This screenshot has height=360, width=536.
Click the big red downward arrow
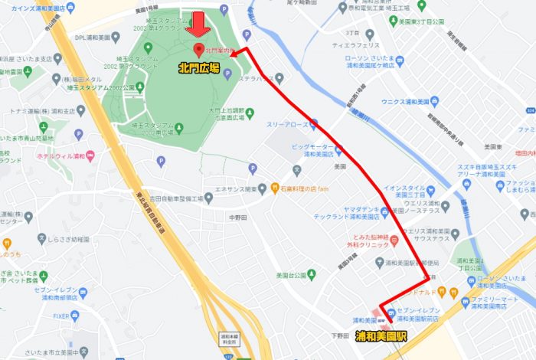point(199,25)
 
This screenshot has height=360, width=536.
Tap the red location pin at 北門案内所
point(199,51)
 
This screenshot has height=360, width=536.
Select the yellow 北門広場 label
point(198,68)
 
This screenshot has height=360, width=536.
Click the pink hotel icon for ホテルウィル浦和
point(90,156)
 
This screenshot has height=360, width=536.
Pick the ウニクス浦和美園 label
point(410,102)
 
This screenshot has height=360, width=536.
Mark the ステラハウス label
point(256,77)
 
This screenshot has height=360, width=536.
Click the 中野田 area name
point(239,216)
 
